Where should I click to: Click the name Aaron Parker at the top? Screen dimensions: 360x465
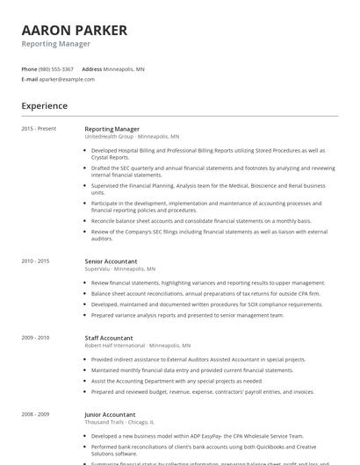(x=74, y=30)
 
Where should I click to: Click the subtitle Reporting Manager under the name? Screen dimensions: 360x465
(x=55, y=44)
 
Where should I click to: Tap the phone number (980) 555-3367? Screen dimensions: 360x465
(x=57, y=69)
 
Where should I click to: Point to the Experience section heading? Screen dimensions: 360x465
(x=44, y=106)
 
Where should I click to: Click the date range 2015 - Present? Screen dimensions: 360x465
(x=39, y=129)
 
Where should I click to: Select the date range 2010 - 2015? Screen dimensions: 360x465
(x=35, y=261)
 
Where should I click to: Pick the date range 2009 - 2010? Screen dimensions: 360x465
(x=35, y=338)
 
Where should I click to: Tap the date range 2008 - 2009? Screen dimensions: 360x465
(x=35, y=414)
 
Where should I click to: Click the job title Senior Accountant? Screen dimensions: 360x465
(x=112, y=261)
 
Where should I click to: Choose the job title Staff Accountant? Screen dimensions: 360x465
(x=109, y=338)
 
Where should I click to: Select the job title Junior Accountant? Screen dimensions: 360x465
(x=110, y=414)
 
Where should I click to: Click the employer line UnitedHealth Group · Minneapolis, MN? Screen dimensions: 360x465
(x=132, y=137)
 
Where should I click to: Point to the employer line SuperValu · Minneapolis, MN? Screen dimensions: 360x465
(x=119, y=268)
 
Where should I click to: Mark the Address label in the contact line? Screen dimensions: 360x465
(x=91, y=69)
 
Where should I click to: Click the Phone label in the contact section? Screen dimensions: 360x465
(x=29, y=69)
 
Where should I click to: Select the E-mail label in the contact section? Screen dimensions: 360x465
(x=29, y=79)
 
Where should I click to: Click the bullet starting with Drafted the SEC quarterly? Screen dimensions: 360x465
(x=211, y=170)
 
